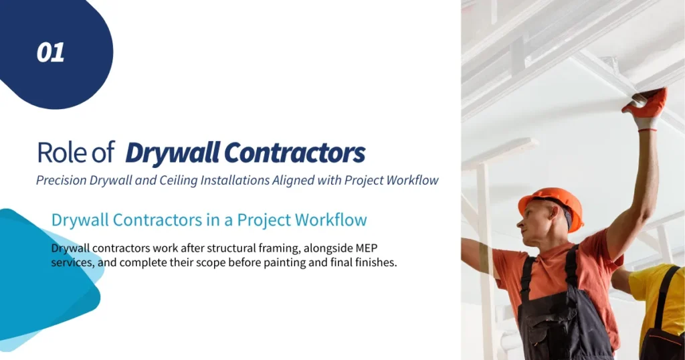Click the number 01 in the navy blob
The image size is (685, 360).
click(x=51, y=53)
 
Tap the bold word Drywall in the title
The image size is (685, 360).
click(x=172, y=153)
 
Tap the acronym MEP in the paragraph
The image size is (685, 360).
click(x=386, y=248)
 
